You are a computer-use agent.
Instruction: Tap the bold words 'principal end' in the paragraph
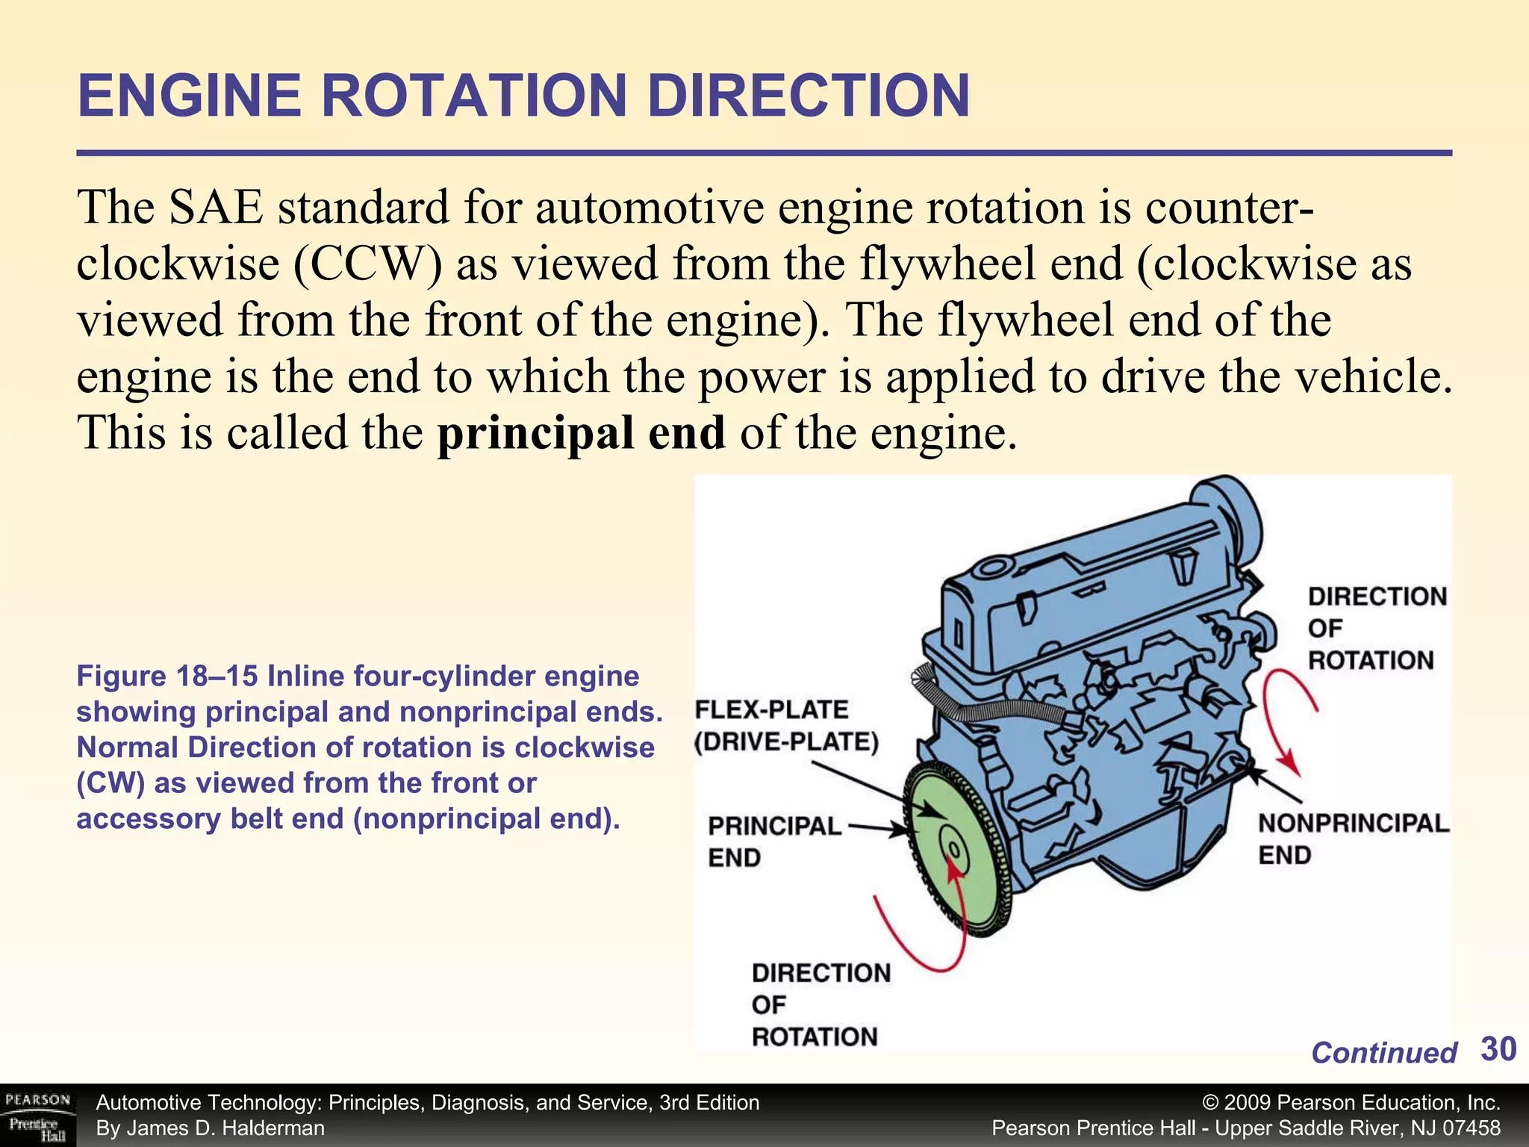click(581, 432)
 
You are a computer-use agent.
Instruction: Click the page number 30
click(1498, 1049)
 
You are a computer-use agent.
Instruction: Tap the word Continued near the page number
click(1383, 1053)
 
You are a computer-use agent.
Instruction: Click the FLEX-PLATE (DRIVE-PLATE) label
click(785, 725)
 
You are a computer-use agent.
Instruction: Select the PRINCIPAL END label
click(773, 841)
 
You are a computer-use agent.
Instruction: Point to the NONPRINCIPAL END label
click(1352, 838)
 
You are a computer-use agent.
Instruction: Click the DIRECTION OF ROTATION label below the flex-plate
click(820, 1004)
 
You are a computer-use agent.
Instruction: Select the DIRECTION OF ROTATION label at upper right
click(1376, 628)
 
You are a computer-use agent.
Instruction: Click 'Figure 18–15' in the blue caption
click(166, 677)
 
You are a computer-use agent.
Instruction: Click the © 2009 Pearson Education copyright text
click(1351, 1103)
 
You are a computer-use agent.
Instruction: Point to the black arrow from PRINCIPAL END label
click(877, 828)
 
